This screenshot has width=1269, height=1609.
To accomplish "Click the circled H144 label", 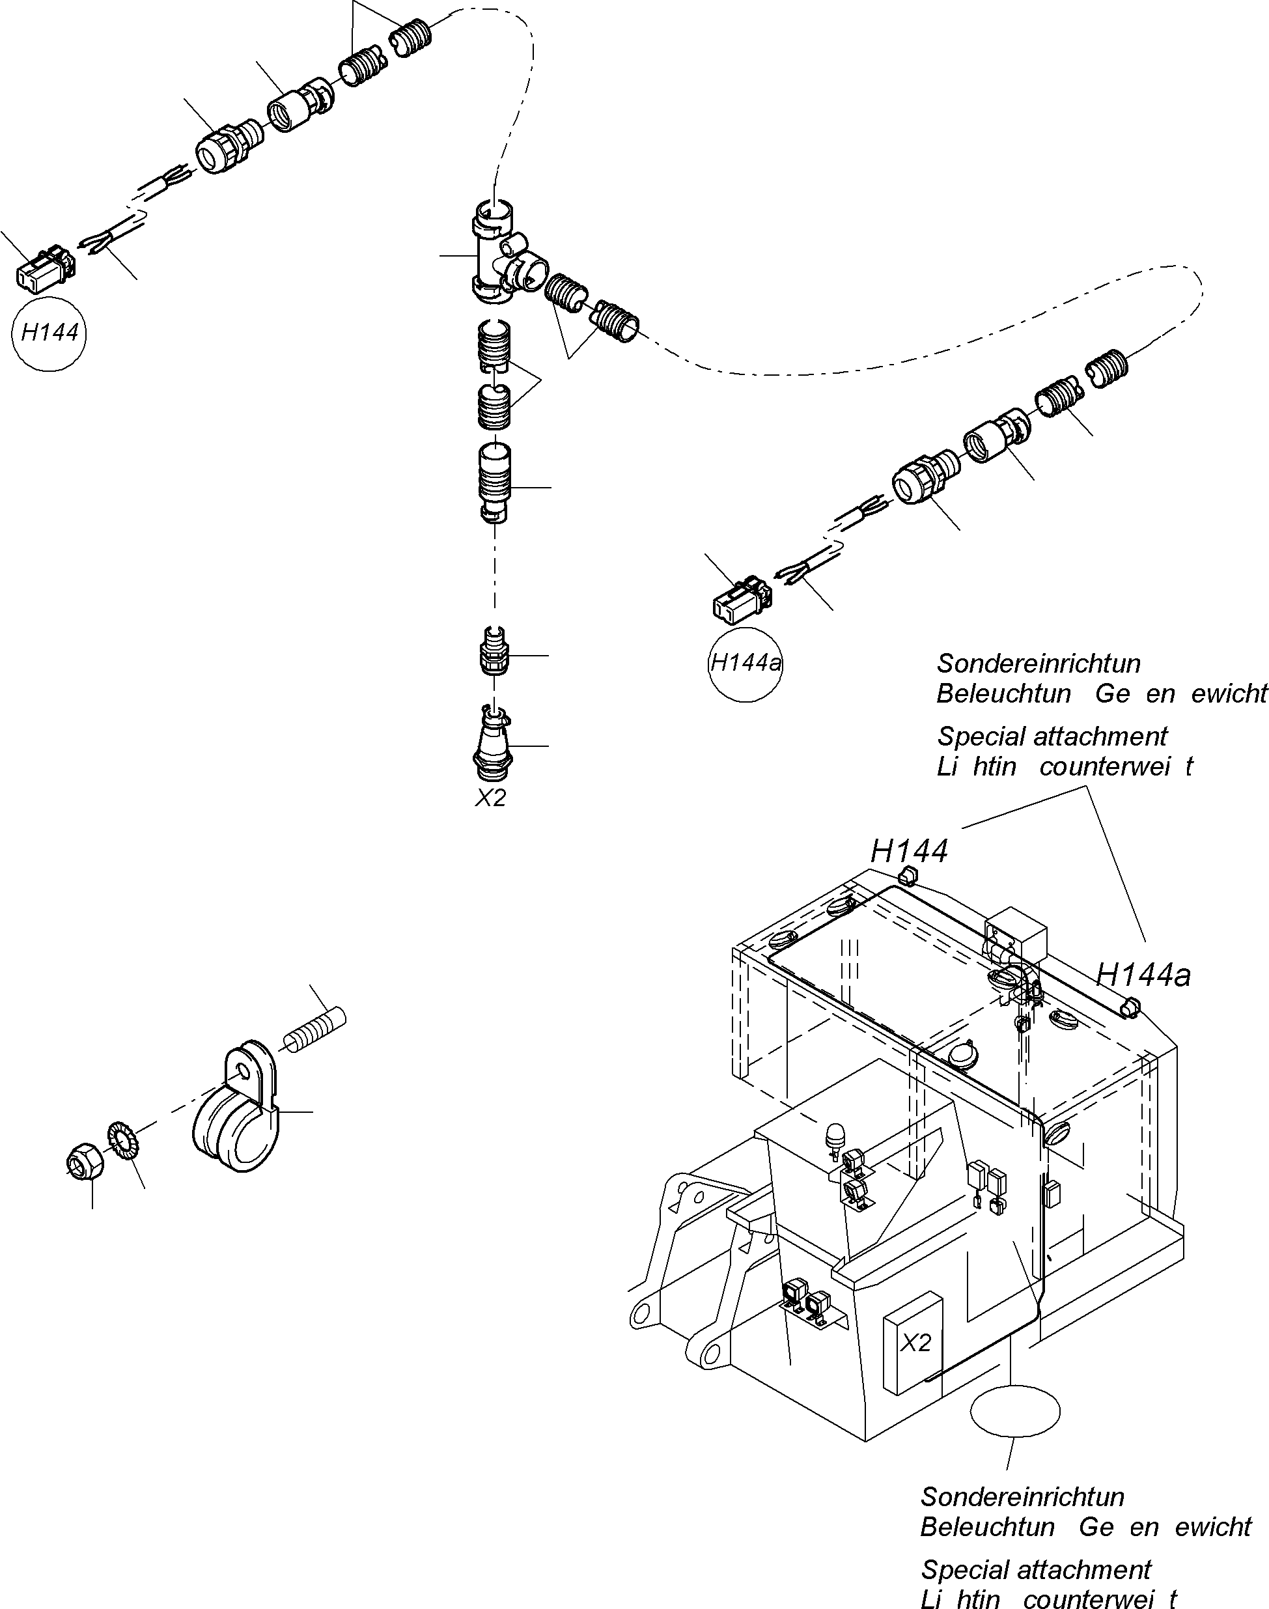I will pos(49,332).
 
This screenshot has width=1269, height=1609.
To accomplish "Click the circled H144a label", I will pos(746,664).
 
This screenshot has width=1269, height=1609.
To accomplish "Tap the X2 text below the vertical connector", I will pos(490,798).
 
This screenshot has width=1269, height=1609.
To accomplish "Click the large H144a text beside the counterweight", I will pos(1143,975).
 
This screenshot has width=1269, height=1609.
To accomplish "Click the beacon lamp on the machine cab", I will pos(833,1134).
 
